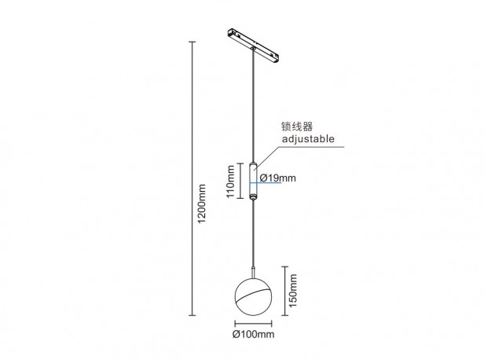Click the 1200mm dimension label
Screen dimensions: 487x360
point(202,204)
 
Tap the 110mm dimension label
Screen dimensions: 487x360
point(231,182)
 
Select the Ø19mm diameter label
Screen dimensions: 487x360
point(277,178)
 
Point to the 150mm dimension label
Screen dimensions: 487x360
point(293,290)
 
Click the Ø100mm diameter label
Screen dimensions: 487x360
point(254,335)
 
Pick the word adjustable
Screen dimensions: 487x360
point(308,138)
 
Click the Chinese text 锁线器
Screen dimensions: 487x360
point(297,127)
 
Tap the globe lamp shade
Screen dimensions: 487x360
point(254,297)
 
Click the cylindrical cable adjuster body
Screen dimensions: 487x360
point(254,180)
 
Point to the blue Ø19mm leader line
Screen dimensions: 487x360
point(265,183)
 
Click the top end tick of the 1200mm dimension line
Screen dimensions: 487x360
point(192,42)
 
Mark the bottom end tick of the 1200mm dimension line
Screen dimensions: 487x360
point(192,315)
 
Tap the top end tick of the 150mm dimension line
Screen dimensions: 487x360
point(285,266)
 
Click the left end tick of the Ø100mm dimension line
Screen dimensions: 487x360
point(235,324)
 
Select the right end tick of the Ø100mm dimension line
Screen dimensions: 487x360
point(272,324)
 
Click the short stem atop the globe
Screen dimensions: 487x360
point(254,272)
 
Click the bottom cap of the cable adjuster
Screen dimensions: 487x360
point(254,197)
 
